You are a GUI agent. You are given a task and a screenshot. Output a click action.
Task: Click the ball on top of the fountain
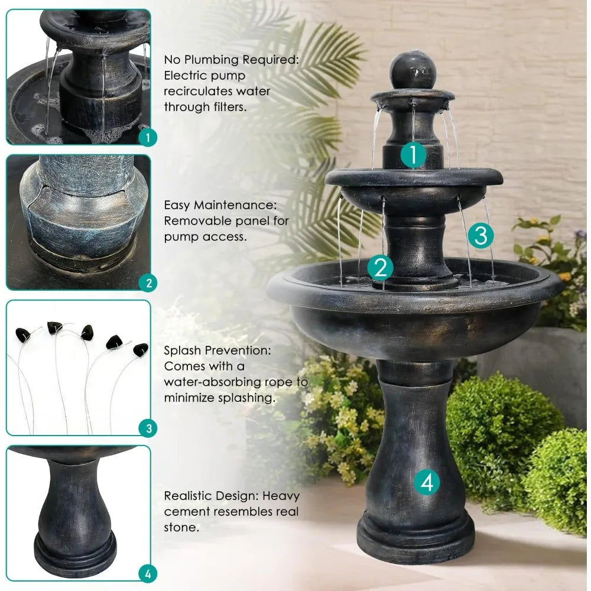[x=413, y=71]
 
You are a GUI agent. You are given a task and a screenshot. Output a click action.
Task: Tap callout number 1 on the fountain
[x=413, y=154]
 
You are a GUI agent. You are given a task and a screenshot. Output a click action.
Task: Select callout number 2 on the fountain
[x=380, y=267]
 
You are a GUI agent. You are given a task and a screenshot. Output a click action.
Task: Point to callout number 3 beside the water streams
[x=481, y=235]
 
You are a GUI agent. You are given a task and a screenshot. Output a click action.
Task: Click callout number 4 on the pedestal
[x=427, y=482]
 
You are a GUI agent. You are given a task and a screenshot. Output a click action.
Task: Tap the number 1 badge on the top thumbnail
[x=148, y=138]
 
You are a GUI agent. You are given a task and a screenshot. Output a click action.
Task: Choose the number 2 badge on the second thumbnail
[x=148, y=283]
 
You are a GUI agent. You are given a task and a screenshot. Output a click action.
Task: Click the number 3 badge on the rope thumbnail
[x=148, y=428]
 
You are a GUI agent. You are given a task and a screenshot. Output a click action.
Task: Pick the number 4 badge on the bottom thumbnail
[x=148, y=574]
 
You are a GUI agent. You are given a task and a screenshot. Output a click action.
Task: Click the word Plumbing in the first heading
[x=212, y=60]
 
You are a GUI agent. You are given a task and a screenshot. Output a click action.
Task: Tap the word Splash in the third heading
[x=183, y=350]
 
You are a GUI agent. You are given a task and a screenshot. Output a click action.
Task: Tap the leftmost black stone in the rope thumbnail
[x=22, y=335]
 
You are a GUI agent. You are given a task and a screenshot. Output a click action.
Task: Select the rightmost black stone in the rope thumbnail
[x=141, y=350]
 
